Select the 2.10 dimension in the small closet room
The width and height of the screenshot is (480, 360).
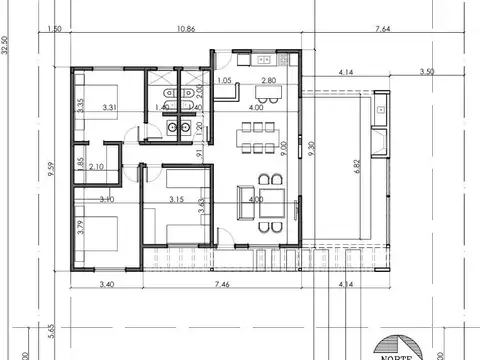97,167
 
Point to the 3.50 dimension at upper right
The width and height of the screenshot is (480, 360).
427,72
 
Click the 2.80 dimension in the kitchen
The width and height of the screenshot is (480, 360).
268,80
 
